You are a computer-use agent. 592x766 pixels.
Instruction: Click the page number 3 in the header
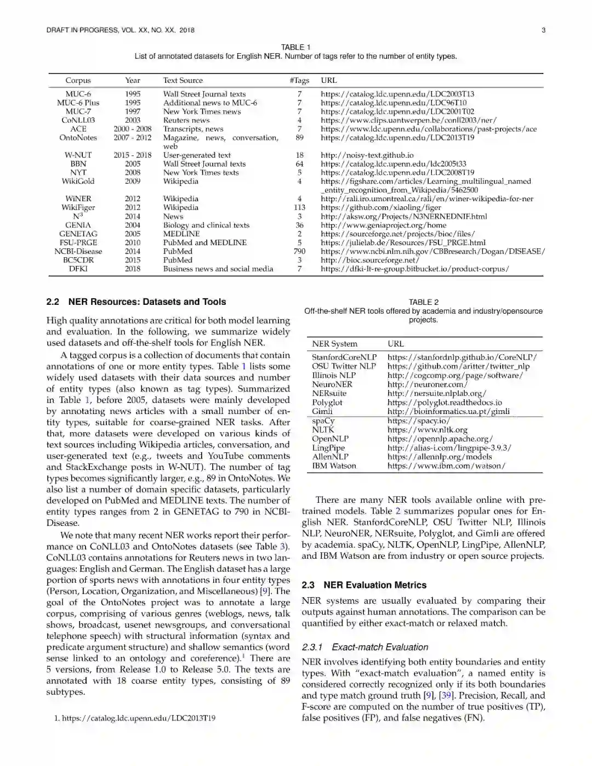click(543, 30)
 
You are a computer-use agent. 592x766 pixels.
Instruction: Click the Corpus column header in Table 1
click(78, 81)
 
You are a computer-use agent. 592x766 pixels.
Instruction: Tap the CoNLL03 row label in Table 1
click(78, 120)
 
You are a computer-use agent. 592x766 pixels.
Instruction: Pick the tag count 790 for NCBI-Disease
click(299, 251)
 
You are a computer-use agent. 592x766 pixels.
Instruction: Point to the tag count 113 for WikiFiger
click(299, 207)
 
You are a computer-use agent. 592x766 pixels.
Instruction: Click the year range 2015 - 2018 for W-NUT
click(133, 155)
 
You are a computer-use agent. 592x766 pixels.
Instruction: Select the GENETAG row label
click(78, 234)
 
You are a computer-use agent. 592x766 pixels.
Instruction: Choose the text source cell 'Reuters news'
click(186, 120)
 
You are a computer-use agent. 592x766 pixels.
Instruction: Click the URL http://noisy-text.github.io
click(367, 155)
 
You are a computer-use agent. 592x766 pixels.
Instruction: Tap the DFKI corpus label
click(78, 269)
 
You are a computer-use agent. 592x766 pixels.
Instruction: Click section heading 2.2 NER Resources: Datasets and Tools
click(136, 302)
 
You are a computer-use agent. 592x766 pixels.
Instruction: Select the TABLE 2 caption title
click(423, 302)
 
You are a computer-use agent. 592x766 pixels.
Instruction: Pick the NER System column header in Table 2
click(334, 344)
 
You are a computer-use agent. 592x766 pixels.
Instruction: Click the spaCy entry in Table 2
click(323, 421)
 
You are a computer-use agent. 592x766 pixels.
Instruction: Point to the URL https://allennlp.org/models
click(439, 457)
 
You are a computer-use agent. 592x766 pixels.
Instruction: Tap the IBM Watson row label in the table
click(334, 466)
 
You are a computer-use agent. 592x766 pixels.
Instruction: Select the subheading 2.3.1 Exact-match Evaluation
click(365, 647)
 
